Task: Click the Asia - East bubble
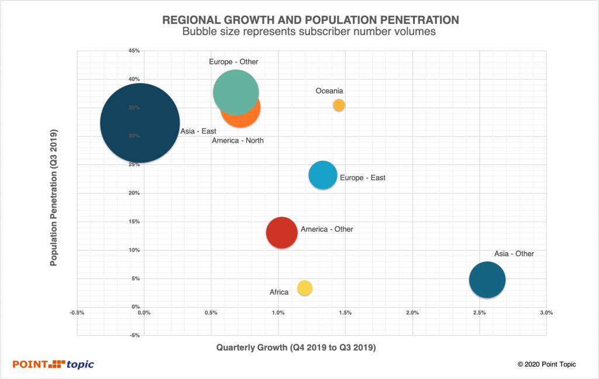140,123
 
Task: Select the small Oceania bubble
339,105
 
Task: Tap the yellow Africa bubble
305,288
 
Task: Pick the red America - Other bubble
282,232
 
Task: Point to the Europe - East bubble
322,175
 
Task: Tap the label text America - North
237,141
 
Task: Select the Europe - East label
363,178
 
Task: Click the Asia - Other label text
514,254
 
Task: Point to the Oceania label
329,91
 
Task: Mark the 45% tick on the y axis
134,51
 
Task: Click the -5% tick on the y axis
134,335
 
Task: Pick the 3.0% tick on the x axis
546,313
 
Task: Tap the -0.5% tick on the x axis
77,313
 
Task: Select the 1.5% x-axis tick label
345,313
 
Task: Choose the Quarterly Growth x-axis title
296,347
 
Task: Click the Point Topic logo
53,364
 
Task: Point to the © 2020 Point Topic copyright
547,364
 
